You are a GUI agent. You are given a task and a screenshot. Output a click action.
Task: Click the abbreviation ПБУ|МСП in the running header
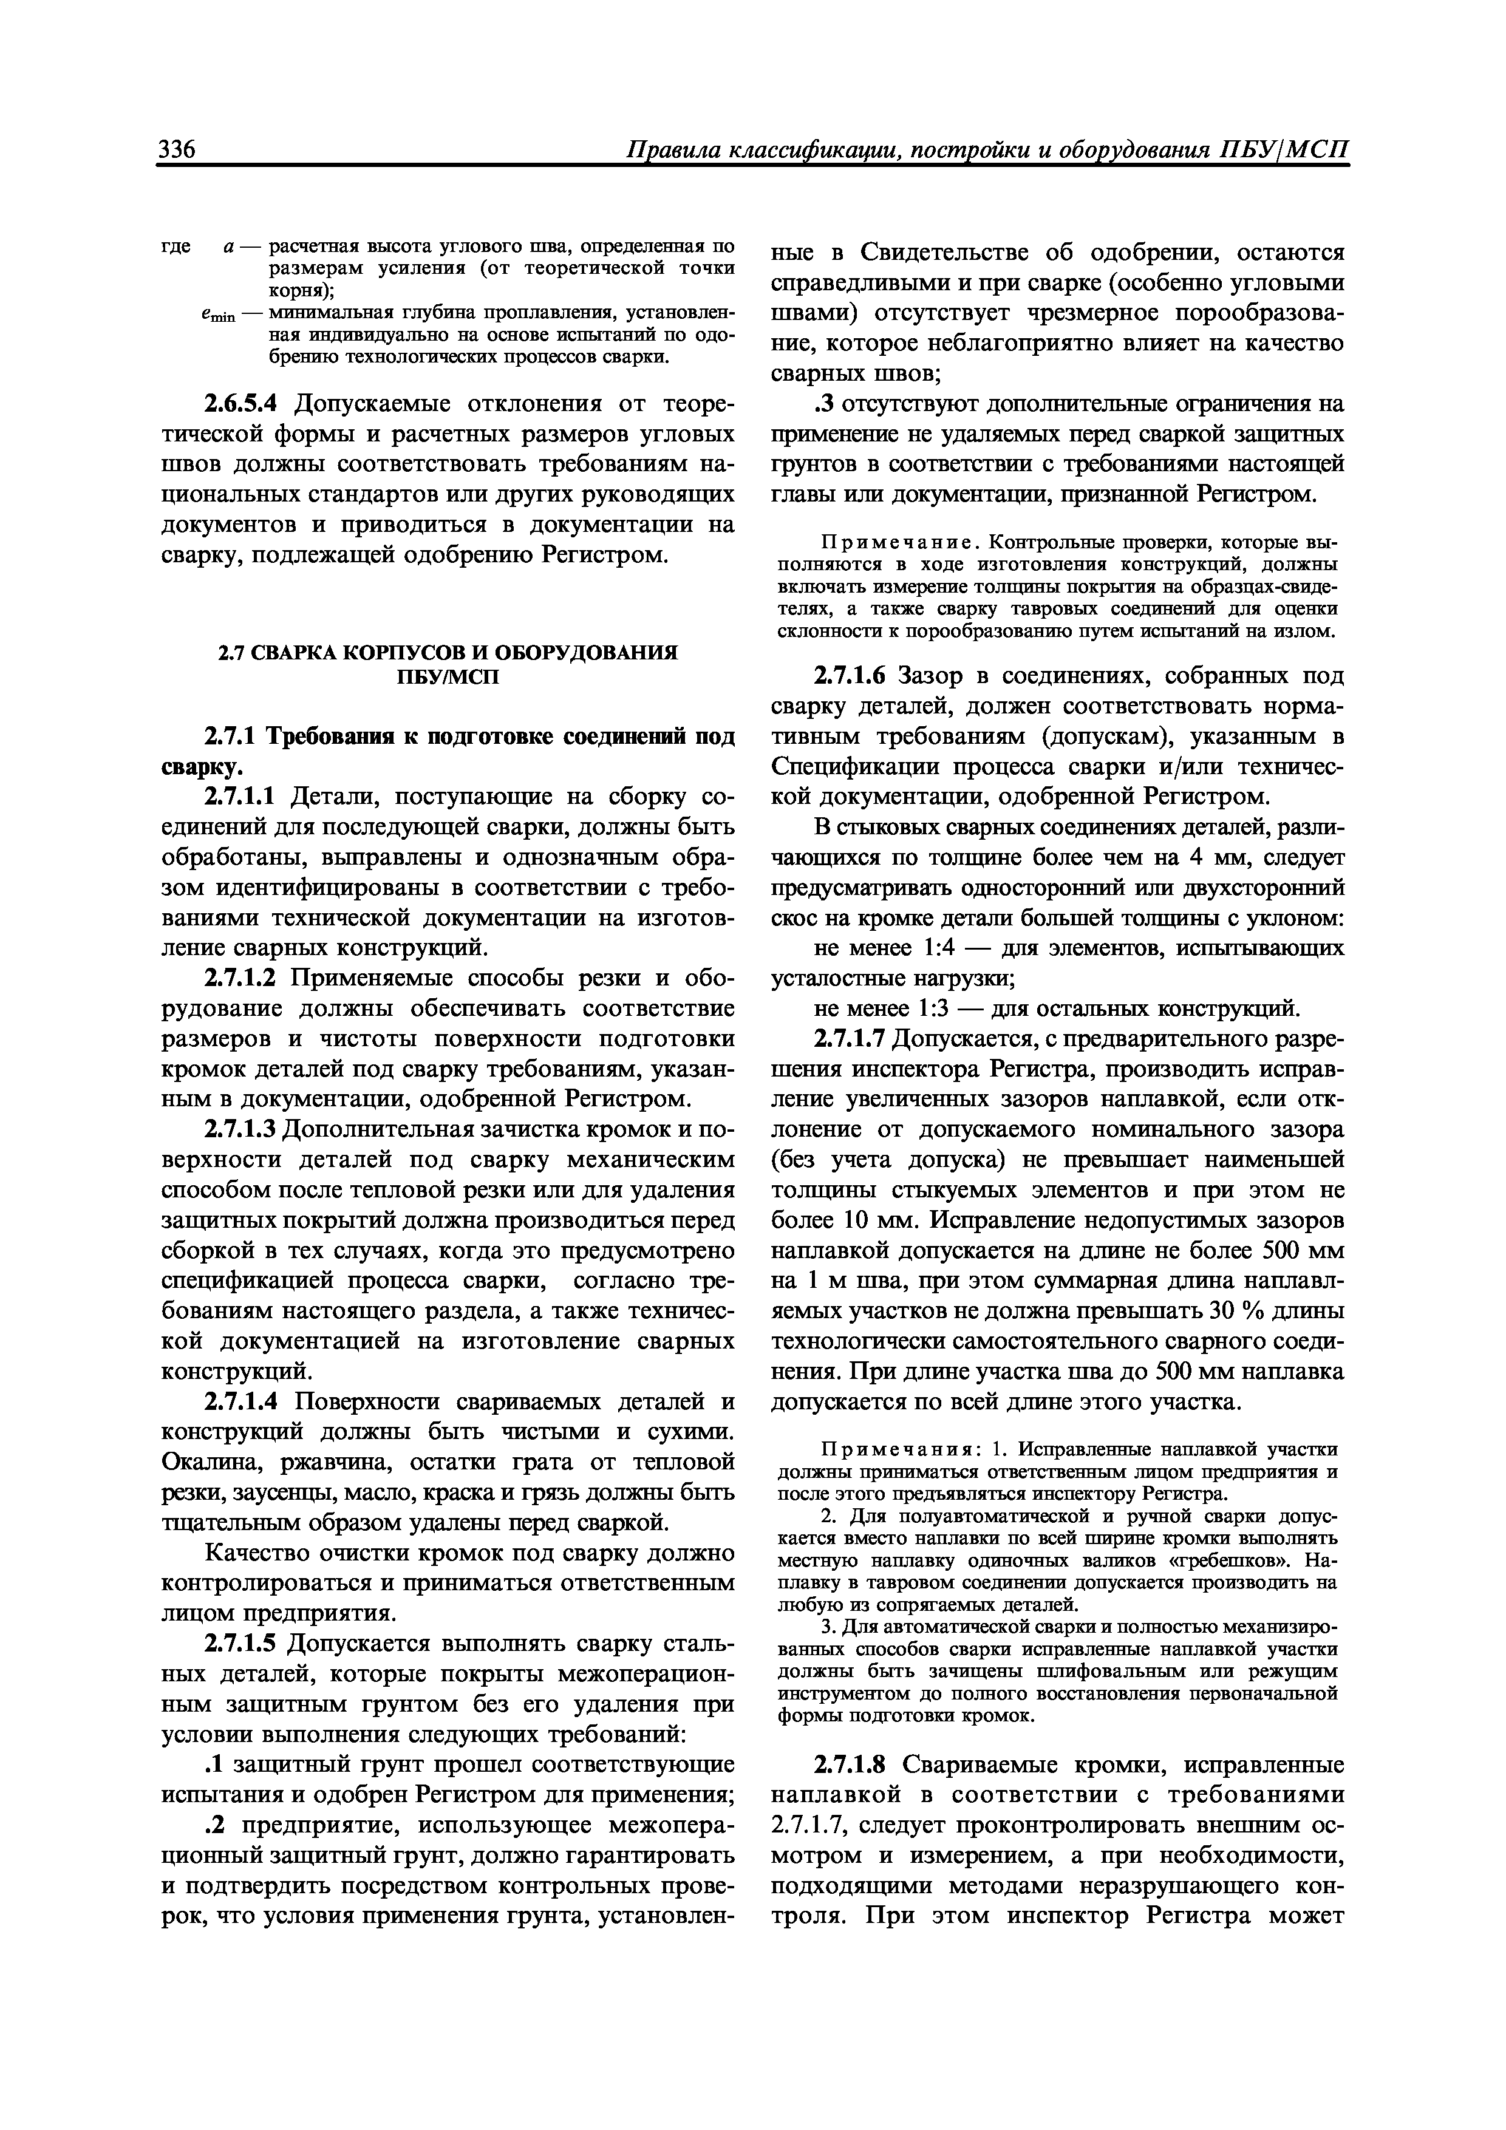tap(1283, 149)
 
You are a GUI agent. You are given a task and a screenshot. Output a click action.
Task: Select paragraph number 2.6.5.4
tap(244, 404)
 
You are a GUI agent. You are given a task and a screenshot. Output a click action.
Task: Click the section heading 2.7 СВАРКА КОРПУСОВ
tap(448, 652)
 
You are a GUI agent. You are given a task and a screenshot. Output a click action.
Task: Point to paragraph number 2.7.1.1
tap(240, 797)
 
